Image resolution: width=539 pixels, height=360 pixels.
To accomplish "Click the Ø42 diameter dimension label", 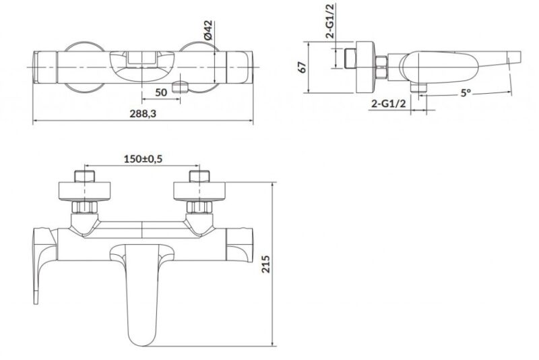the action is (x=208, y=30).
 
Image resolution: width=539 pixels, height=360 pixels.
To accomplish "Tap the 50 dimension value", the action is (x=161, y=92).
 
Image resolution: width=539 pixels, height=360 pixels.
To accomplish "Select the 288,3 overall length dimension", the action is (x=143, y=113).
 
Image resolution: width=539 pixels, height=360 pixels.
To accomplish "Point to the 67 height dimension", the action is (x=302, y=67).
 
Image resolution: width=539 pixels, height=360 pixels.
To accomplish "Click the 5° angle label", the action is (x=466, y=92).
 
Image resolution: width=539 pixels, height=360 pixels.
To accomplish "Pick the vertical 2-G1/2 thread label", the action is (x=331, y=21).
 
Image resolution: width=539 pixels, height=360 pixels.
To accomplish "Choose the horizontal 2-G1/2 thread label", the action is (x=389, y=103).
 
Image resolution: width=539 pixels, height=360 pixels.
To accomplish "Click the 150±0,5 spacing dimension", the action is (x=143, y=159).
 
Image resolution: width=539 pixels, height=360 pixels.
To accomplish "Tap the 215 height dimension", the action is (x=265, y=264).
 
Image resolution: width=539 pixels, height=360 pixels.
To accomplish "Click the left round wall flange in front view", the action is (x=85, y=191).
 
